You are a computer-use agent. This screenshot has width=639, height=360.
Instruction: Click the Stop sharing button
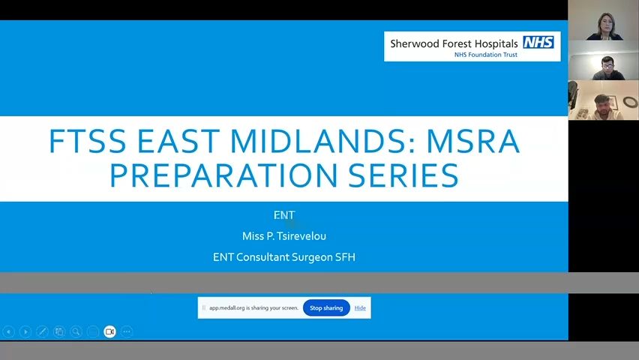pyautogui.click(x=326, y=307)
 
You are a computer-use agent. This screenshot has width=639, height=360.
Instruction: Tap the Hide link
pyautogui.click(x=360, y=307)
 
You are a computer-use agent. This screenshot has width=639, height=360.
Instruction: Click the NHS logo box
pyautogui.click(x=538, y=43)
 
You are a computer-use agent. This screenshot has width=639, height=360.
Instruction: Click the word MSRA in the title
pyautogui.click(x=472, y=142)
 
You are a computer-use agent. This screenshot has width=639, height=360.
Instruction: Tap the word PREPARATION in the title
pyautogui.click(x=223, y=175)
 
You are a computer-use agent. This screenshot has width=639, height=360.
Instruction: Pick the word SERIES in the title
pyautogui.click(x=403, y=175)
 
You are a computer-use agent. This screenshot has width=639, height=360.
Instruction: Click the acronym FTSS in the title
pyautogui.click(x=87, y=142)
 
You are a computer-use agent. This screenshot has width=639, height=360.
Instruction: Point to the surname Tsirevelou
pyautogui.click(x=301, y=236)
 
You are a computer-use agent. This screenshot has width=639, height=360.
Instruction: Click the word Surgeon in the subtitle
pyautogui.click(x=312, y=257)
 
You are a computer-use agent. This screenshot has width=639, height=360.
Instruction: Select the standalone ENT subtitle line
pyautogui.click(x=284, y=214)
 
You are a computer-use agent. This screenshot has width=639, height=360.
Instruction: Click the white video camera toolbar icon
pyautogui.click(x=109, y=331)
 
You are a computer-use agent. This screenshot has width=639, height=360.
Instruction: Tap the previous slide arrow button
pyautogui.click(x=8, y=331)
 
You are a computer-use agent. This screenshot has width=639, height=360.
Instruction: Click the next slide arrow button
pyautogui.click(x=25, y=331)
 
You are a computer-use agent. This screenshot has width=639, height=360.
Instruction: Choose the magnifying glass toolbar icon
pyautogui.click(x=76, y=331)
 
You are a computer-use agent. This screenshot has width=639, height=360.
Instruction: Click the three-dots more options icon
pyautogui.click(x=127, y=331)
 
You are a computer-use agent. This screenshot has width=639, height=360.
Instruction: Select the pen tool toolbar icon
pyautogui.click(x=43, y=331)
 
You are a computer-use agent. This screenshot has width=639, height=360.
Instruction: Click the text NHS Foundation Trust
pyautogui.click(x=486, y=55)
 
